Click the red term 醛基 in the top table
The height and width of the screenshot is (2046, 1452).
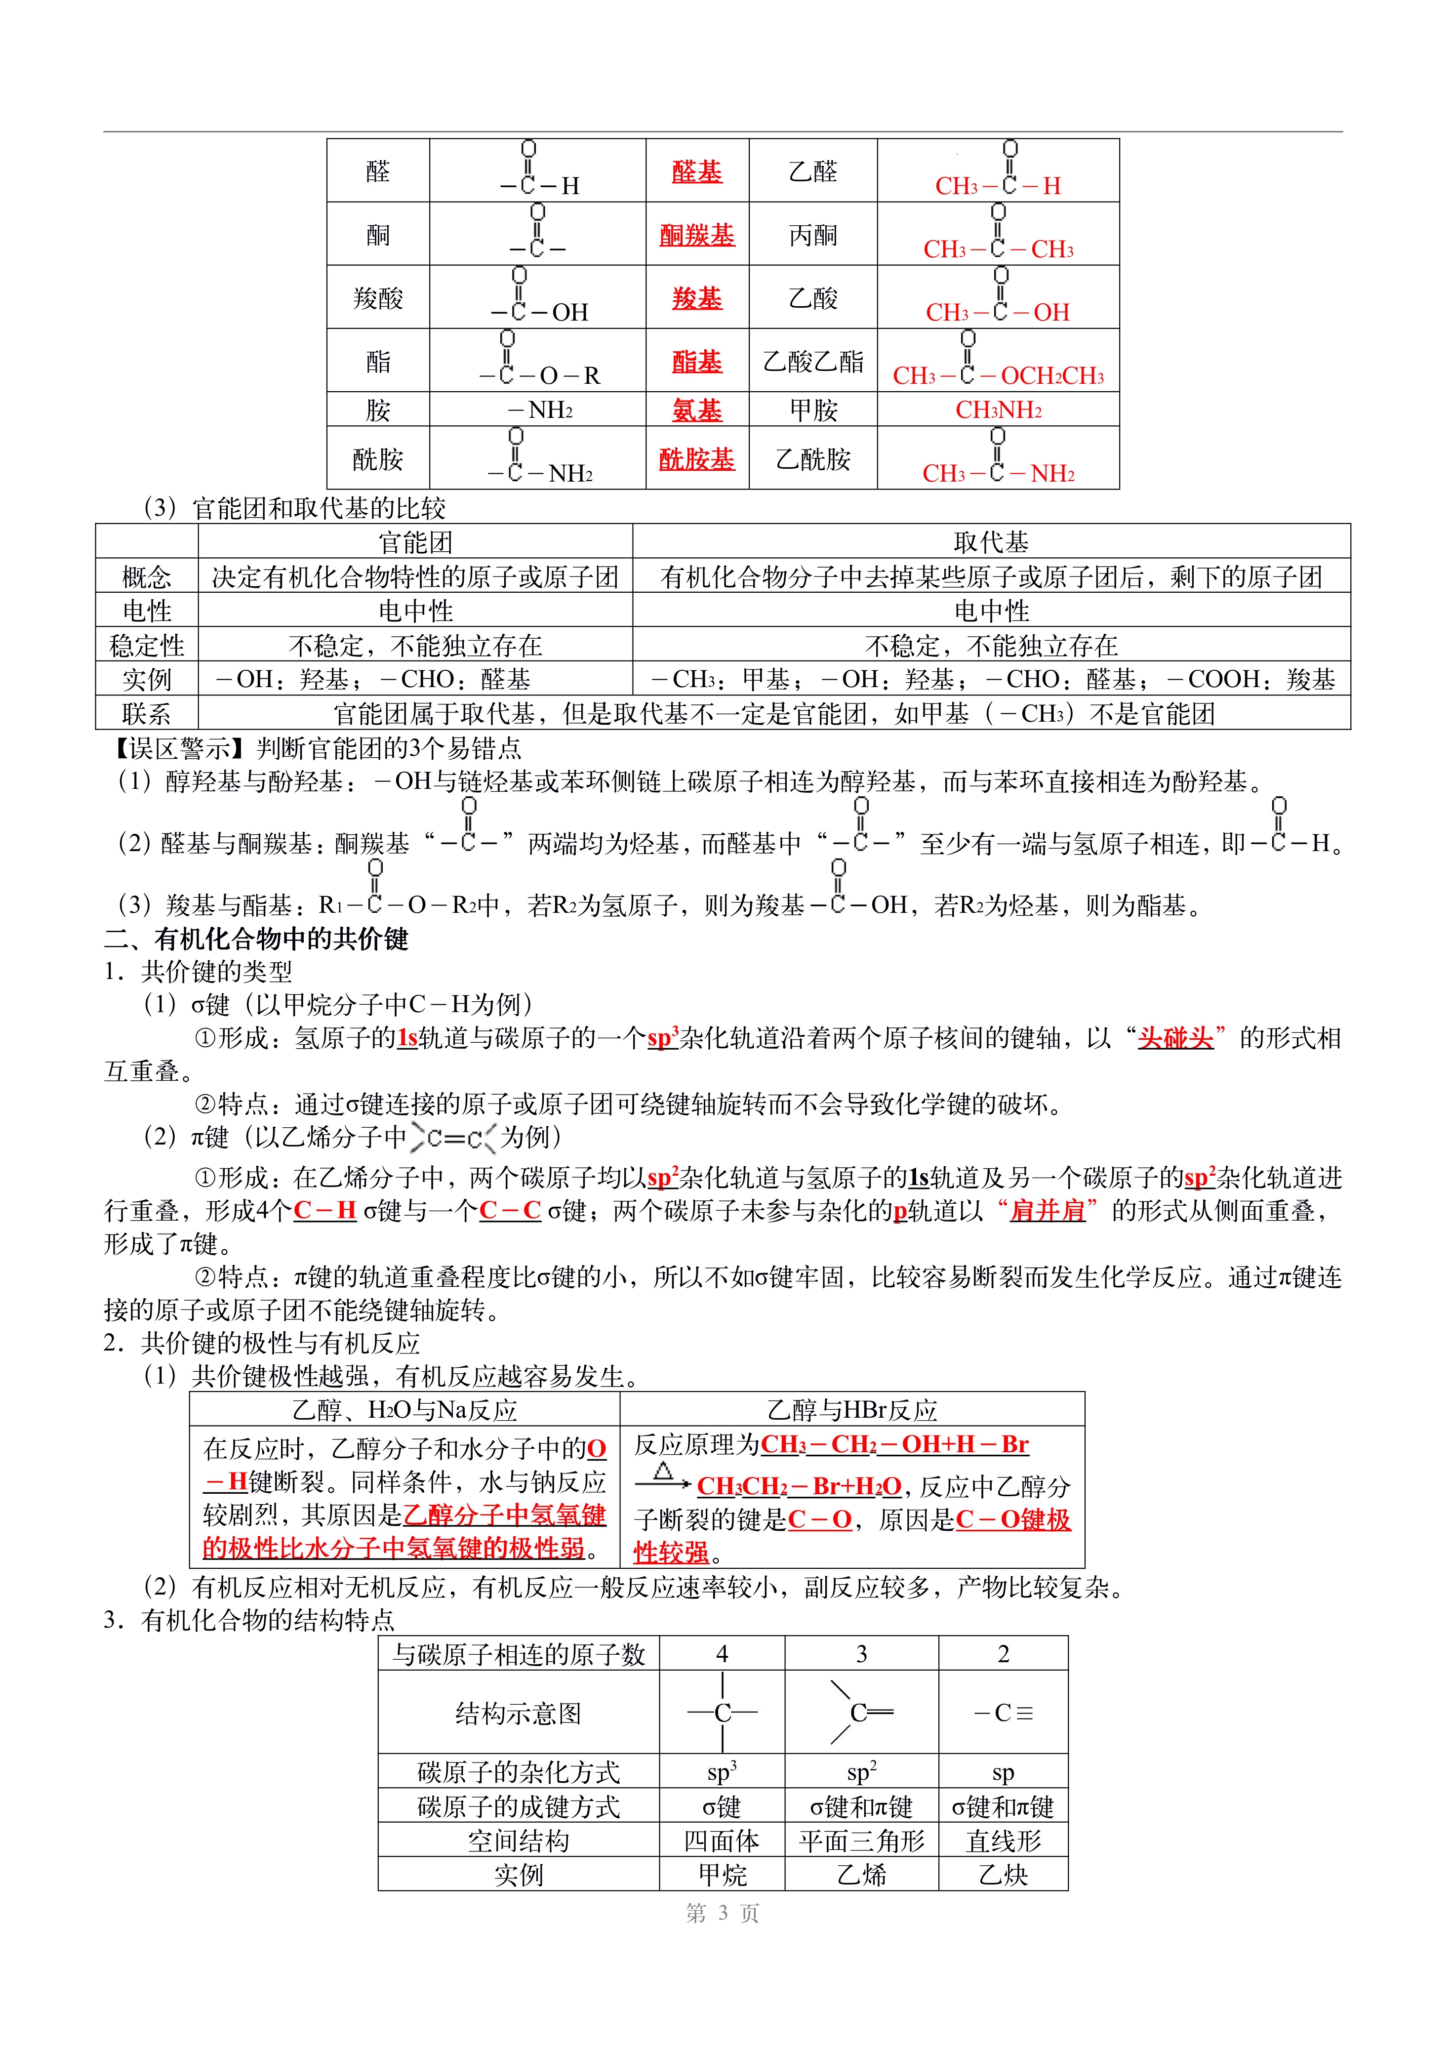coord(696,172)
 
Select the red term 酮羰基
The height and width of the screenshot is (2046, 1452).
coord(696,235)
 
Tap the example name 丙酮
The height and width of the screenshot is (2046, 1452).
coord(813,235)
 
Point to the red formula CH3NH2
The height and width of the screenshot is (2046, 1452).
coord(998,410)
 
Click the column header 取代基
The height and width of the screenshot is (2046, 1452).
coord(991,542)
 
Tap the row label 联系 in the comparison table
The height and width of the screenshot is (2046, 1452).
coord(147,714)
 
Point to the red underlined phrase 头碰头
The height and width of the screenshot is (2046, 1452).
coord(1175,1038)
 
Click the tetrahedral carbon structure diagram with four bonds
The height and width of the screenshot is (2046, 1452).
coord(723,1713)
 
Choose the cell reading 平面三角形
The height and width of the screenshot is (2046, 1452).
coord(861,1841)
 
